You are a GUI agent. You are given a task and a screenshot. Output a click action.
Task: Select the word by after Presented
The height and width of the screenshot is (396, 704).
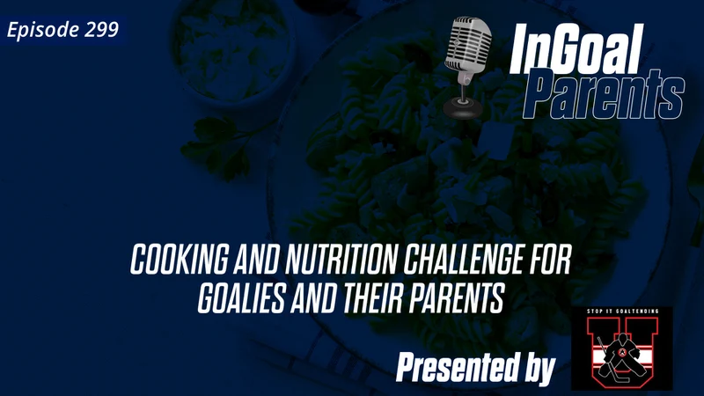coord(538,369)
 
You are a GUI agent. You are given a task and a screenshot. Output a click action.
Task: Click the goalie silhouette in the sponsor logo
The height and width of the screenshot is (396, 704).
coord(621,352)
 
